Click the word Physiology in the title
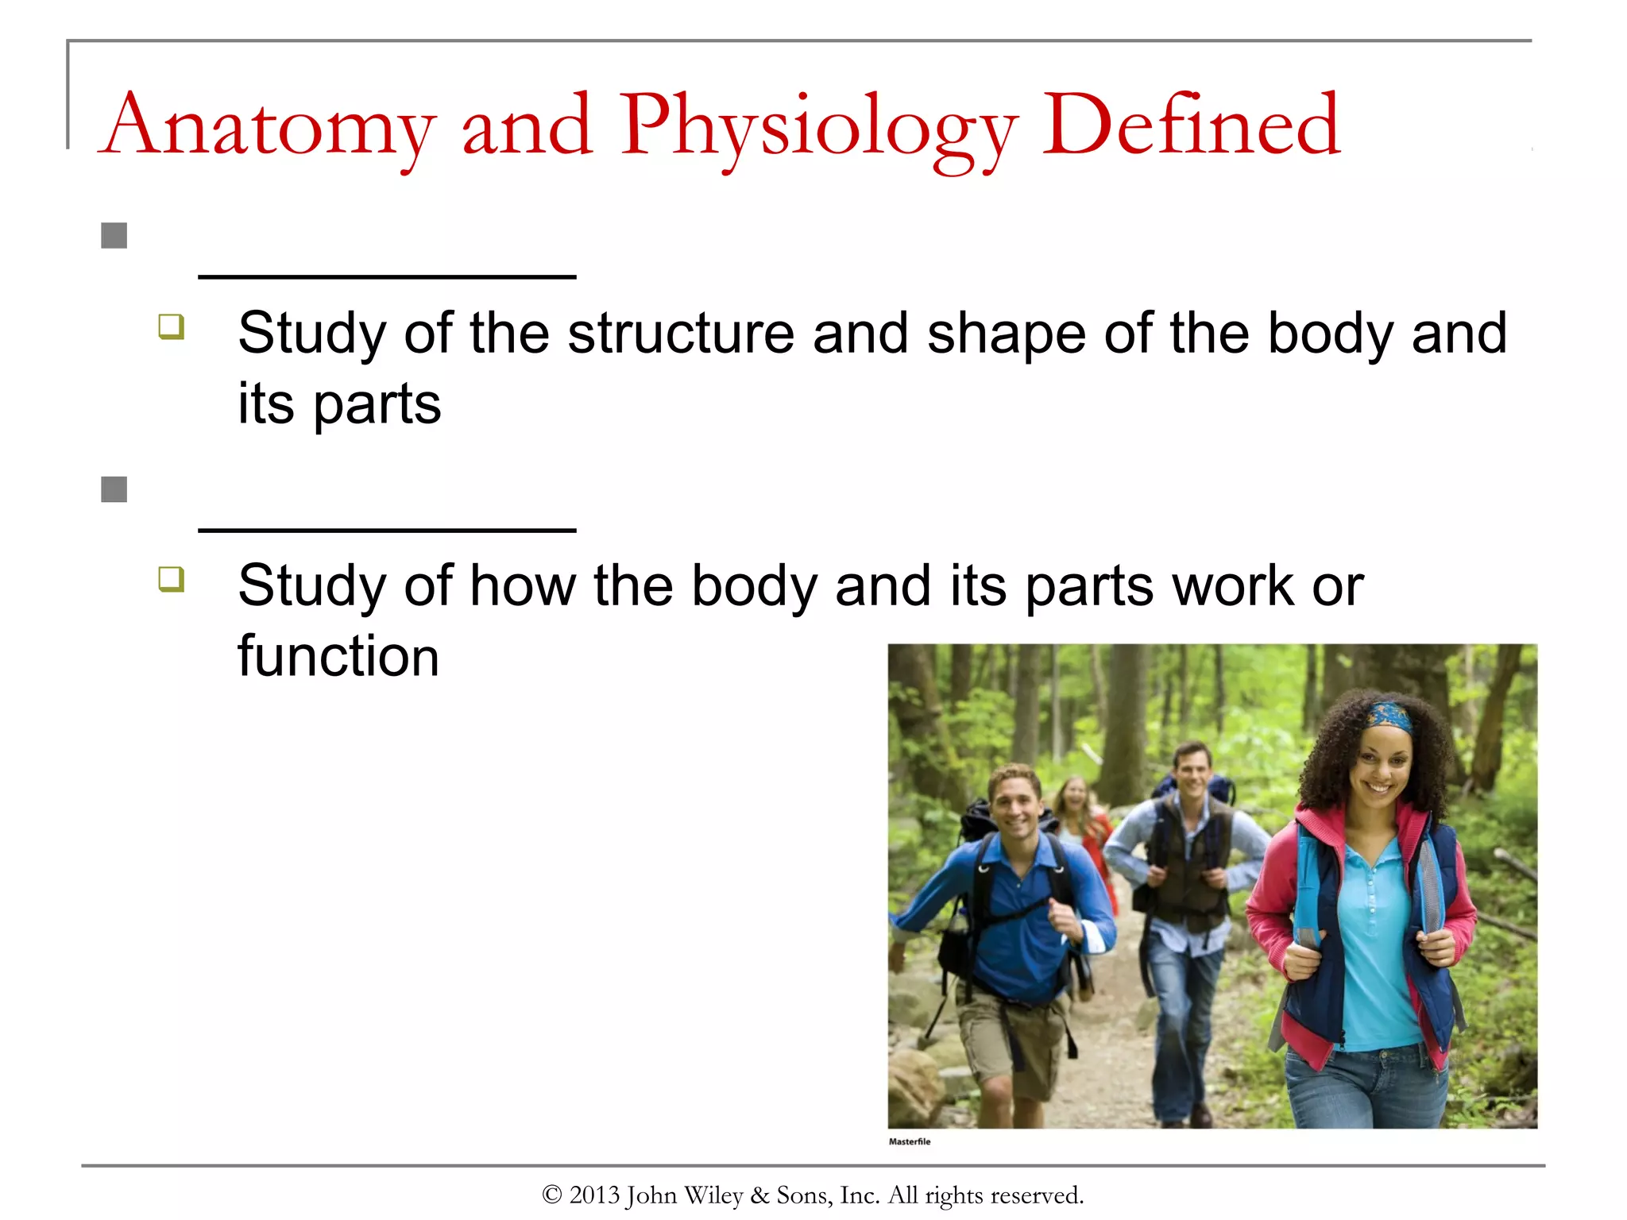click(818, 127)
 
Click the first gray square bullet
click(114, 236)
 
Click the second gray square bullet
click(114, 489)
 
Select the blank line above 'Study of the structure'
click(387, 276)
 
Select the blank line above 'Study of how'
click(387, 529)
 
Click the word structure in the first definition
click(680, 334)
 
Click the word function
click(338, 657)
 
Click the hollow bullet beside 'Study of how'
click(171, 579)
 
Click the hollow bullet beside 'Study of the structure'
click(171, 326)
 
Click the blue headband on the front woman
click(1389, 715)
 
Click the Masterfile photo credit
click(909, 1141)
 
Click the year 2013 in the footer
click(594, 1195)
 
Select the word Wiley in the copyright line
click(713, 1195)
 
